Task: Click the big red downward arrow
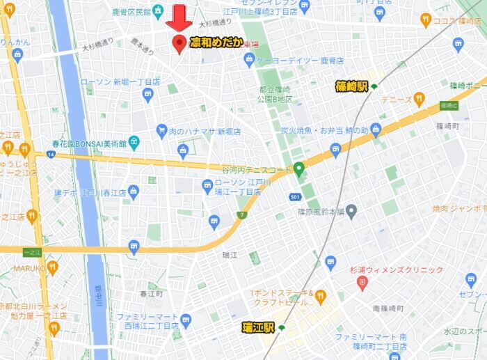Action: [179, 17]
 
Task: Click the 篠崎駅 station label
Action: [351, 86]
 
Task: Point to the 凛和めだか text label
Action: [216, 43]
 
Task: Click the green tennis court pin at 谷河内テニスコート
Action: [299, 169]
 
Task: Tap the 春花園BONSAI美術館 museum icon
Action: [134, 142]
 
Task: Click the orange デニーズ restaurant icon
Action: [419, 100]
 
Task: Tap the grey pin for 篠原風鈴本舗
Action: [351, 210]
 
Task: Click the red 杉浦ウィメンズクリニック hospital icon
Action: [362, 283]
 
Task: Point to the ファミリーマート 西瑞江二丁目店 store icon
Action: [185, 320]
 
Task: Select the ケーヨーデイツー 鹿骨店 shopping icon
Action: [249, 61]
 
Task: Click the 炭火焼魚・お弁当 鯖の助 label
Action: [324, 130]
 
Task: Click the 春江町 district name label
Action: [151, 294]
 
